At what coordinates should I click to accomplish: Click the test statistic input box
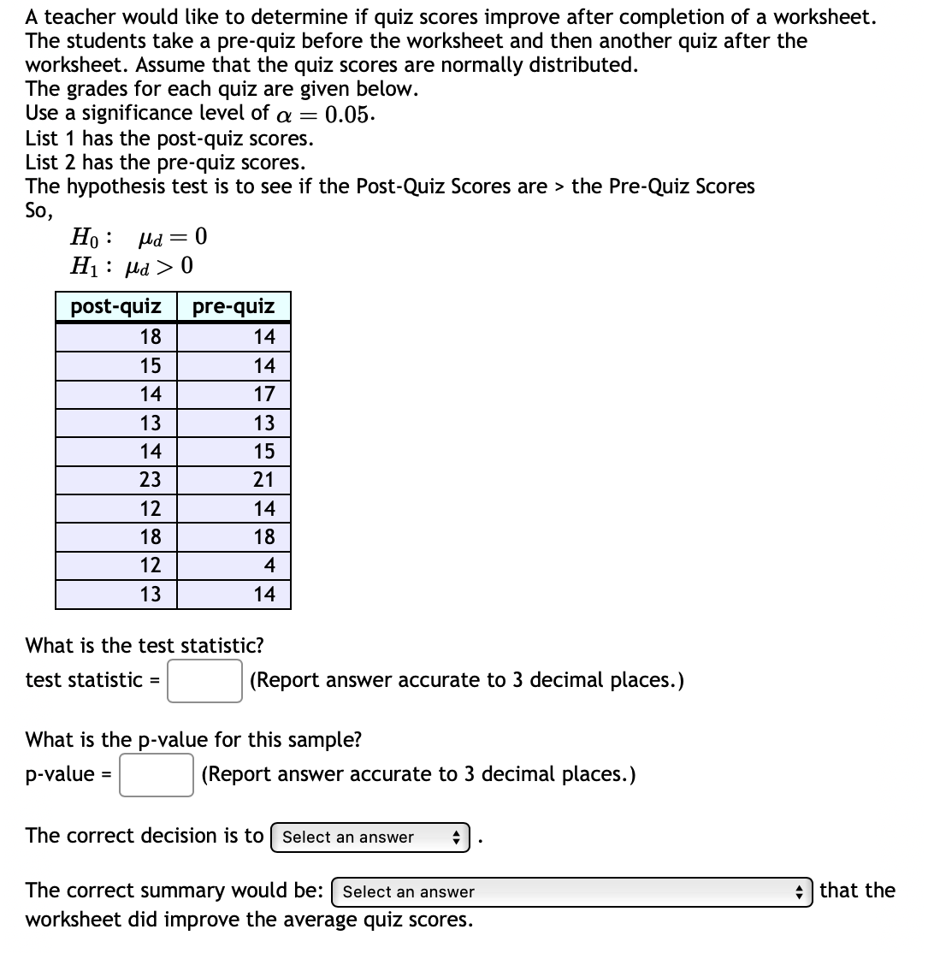coord(204,681)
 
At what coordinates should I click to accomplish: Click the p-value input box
coord(157,775)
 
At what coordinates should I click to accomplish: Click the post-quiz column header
coord(115,306)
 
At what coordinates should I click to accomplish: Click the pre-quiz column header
coord(234,306)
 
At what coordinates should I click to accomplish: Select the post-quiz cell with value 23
coord(151,480)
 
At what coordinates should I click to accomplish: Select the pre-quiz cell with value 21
coord(263,480)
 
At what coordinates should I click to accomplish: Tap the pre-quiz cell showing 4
coord(269,565)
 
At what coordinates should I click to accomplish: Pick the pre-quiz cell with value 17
coord(264,394)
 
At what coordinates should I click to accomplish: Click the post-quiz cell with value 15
coord(151,366)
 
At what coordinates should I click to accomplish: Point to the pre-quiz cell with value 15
coord(264,452)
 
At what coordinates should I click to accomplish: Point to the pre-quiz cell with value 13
coord(264,423)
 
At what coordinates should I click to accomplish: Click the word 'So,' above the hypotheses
coord(40,210)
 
